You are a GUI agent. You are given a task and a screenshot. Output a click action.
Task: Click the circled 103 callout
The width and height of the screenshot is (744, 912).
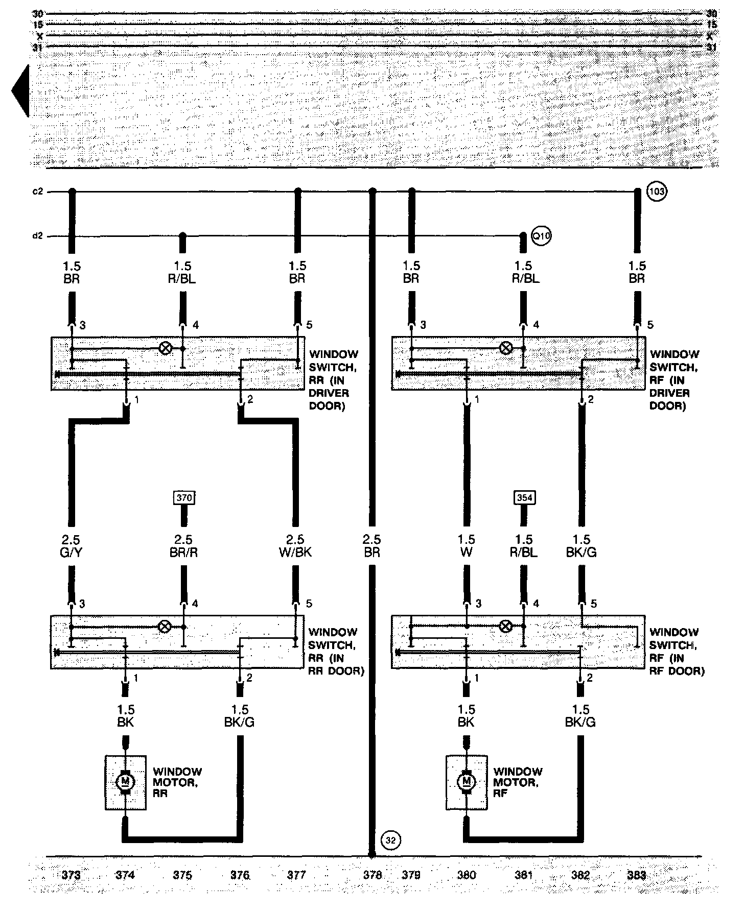(x=657, y=192)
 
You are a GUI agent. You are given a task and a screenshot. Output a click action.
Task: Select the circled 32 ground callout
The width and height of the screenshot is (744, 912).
(x=391, y=840)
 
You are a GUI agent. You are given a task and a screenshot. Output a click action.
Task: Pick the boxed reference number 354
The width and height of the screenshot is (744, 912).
(x=524, y=497)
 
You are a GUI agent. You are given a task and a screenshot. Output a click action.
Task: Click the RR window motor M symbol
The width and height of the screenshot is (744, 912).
(x=125, y=782)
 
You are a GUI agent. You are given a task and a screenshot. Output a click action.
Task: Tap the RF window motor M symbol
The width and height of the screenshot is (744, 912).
(x=466, y=782)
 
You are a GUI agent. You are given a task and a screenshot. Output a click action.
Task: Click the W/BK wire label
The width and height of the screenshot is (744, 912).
(x=295, y=552)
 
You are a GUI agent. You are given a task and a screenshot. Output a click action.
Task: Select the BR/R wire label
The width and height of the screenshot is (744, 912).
(x=183, y=552)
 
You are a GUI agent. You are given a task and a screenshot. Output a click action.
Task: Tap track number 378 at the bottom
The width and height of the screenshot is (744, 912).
(x=372, y=875)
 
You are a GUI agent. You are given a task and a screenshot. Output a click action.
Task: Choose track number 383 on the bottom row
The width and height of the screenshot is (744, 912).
(x=636, y=875)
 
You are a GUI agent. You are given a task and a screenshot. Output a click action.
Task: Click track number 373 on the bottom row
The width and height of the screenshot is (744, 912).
(x=71, y=875)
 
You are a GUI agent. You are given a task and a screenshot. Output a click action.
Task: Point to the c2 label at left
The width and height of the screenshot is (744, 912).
(x=37, y=192)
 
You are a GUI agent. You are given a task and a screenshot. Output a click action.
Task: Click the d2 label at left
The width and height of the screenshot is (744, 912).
(x=37, y=236)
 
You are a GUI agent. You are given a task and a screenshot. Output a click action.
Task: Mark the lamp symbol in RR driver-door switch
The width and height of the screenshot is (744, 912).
(x=165, y=348)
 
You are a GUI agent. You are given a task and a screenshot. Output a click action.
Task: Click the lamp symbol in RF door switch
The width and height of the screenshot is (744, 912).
(x=505, y=627)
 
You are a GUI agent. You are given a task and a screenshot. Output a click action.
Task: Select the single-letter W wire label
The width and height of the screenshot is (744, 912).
(x=466, y=552)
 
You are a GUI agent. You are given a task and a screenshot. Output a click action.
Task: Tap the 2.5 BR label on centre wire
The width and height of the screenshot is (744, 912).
(x=372, y=546)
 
